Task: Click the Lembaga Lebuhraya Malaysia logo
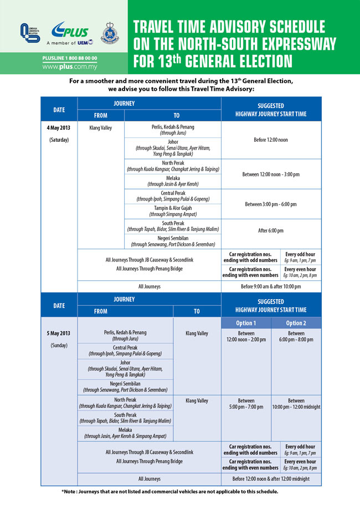27,34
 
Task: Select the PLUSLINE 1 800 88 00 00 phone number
69,58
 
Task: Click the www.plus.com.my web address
69,66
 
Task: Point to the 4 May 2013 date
58,127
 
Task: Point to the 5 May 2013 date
58,333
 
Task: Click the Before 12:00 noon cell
271,140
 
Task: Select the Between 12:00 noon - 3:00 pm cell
271,174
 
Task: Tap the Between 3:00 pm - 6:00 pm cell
271,204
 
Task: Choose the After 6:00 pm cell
271,230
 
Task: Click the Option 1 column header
246,323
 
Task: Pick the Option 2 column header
296,323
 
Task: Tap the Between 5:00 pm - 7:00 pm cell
246,404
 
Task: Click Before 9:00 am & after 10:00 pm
271,286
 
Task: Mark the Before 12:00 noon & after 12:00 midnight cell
271,479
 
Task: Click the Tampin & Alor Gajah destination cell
173,210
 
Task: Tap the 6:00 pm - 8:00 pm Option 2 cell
296,336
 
